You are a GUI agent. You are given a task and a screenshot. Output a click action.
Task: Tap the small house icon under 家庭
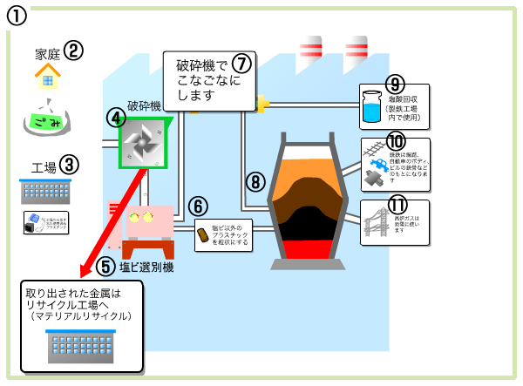49,78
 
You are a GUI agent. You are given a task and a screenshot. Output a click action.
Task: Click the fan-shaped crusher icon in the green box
141,140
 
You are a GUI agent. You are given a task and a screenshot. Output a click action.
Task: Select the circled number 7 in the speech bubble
241,64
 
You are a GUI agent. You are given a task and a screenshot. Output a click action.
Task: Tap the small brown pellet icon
203,234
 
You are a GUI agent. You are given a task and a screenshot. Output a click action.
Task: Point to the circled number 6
200,207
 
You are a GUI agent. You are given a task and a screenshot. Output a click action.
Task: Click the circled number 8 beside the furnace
255,181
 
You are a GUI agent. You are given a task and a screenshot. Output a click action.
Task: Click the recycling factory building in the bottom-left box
81,347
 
